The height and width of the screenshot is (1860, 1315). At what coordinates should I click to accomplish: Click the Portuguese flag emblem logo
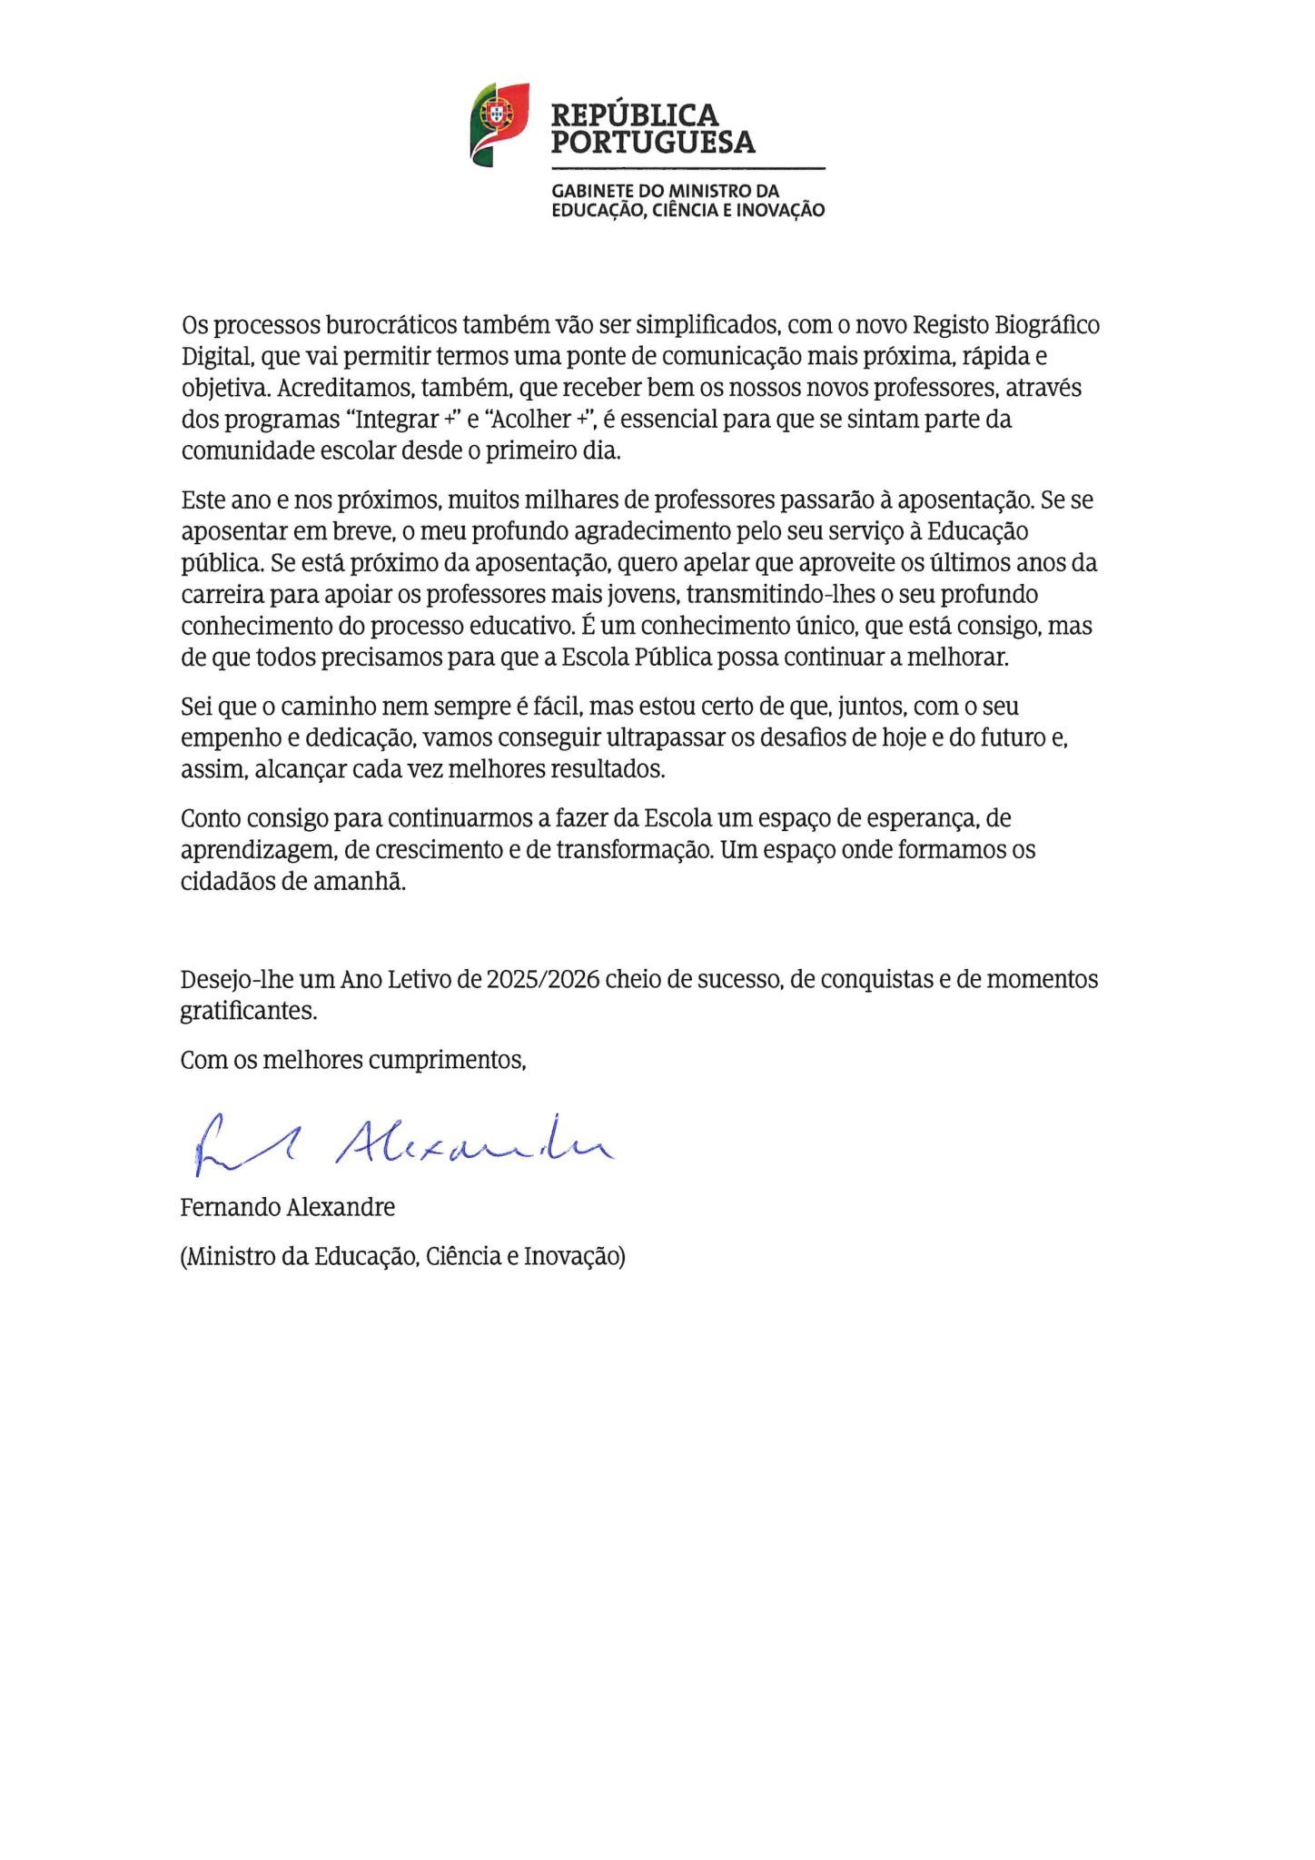499,124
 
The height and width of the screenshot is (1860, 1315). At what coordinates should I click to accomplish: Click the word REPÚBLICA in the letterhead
634,115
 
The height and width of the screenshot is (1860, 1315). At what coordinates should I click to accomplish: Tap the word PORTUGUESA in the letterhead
652,143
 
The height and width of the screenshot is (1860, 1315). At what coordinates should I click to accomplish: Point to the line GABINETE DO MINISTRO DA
665,192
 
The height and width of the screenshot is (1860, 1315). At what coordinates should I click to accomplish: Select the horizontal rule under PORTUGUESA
687,169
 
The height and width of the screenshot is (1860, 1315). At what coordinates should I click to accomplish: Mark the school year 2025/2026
542,980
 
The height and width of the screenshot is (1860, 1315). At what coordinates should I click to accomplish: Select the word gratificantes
248,1012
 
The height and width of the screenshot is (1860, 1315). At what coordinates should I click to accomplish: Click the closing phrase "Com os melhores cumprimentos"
352,1061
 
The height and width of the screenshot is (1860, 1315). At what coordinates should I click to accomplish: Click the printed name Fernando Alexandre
287,1208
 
